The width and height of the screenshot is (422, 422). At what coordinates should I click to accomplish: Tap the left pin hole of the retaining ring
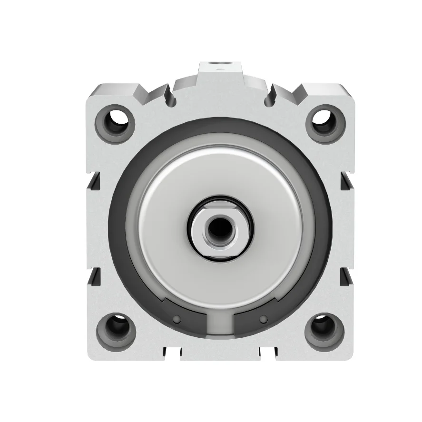(177, 318)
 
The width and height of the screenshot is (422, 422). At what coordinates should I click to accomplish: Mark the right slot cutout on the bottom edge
(268, 353)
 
